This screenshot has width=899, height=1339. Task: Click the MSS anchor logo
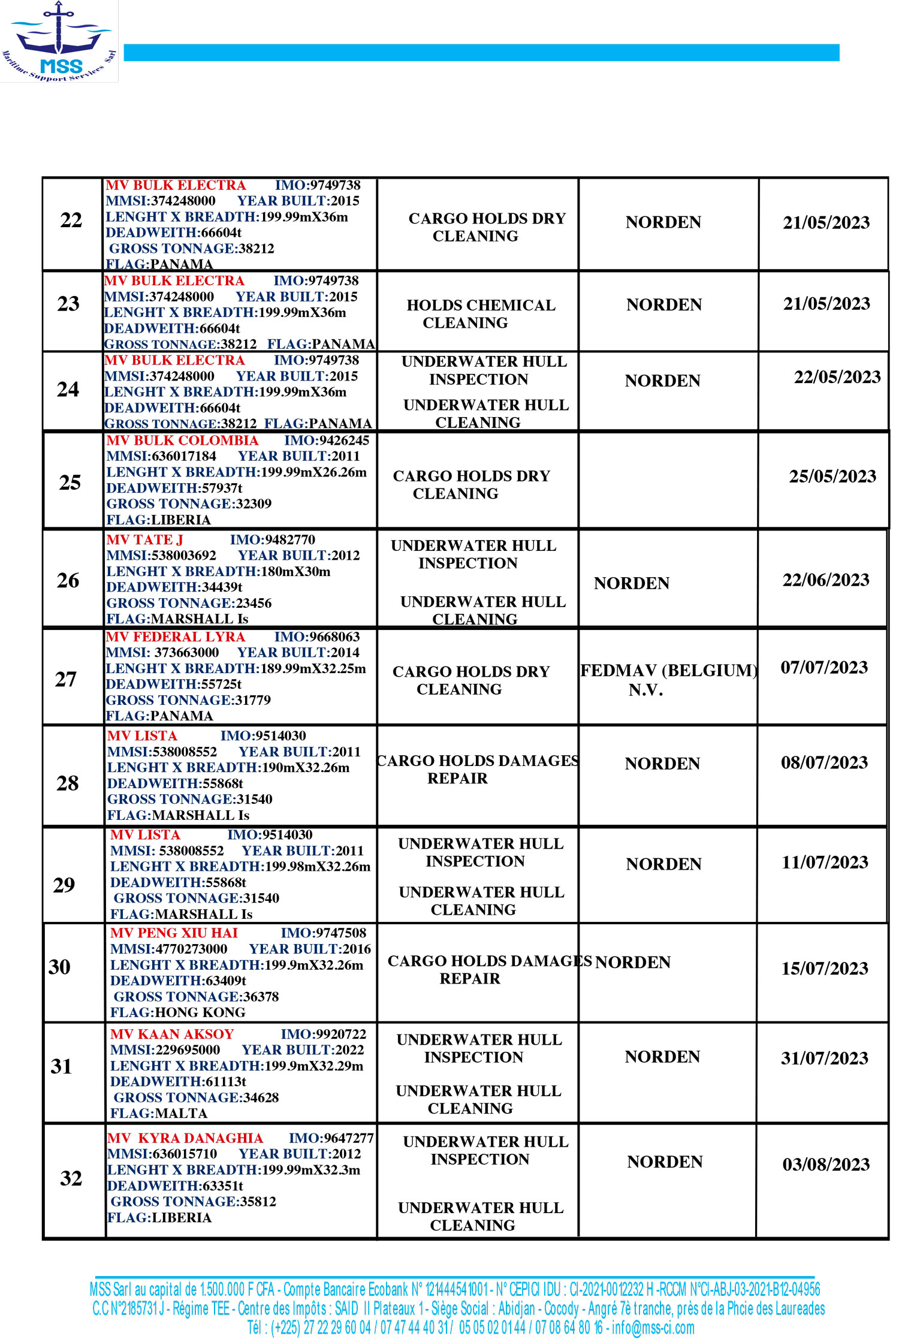59,41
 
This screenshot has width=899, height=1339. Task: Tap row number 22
71,221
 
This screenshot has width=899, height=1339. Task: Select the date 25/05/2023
832,477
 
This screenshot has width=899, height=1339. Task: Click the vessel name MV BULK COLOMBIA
182,441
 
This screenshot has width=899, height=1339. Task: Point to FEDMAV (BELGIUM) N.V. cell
668,680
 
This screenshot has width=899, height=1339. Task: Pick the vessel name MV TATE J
144,540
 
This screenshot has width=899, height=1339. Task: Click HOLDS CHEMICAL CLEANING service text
481,314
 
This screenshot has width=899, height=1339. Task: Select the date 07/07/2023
824,668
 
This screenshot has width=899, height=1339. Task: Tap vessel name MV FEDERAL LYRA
175,637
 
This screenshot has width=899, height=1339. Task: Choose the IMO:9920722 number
323,1035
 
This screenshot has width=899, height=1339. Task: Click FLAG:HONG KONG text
178,1012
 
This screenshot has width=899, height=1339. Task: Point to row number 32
71,1178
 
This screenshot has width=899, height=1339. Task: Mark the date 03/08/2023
826,1165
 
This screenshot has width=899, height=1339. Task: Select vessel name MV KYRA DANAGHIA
185,1138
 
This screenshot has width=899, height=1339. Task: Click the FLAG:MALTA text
159,1113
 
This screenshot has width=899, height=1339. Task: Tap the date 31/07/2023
825,1058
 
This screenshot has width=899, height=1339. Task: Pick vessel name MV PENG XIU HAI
174,933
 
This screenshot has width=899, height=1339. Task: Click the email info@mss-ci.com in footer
653,1328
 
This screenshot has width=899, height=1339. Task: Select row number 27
66,680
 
